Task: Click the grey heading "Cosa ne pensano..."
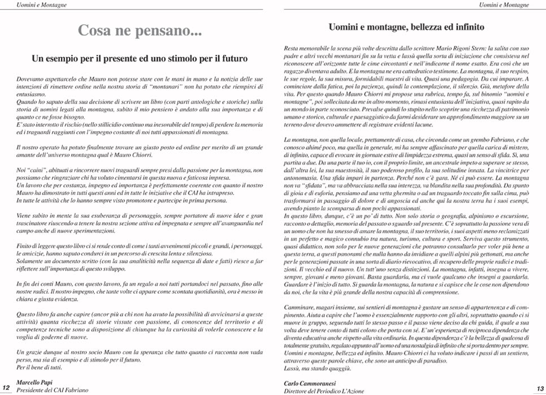pyautogui.click(x=140, y=31)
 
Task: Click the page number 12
pyautogui.click(x=7, y=387)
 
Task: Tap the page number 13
pyautogui.click(x=539, y=387)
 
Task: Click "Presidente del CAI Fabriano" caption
pyautogui.click(x=51, y=390)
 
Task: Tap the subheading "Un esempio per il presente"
pyautogui.click(x=140, y=58)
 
